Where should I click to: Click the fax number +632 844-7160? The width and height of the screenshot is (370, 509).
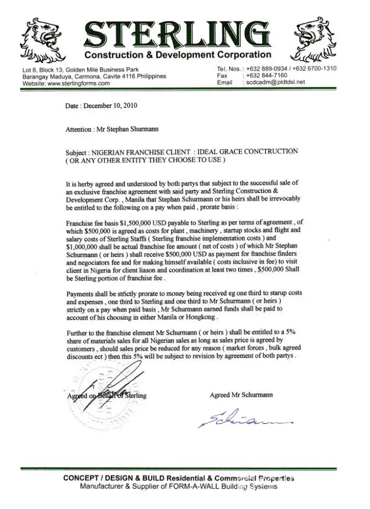click(266, 75)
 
